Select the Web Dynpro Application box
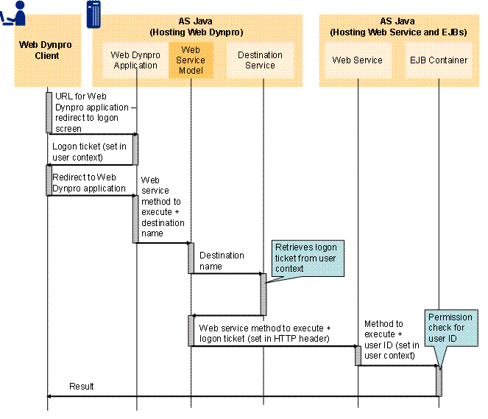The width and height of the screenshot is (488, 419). click(x=135, y=60)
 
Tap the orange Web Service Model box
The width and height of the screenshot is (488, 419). click(x=191, y=60)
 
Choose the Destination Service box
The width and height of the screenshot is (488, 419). click(x=260, y=60)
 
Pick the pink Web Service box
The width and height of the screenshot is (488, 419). click(x=358, y=60)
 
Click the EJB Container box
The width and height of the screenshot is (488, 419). click(x=439, y=60)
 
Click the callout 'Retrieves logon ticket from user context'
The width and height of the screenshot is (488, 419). click(x=304, y=258)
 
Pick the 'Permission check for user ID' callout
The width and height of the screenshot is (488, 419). click(x=450, y=327)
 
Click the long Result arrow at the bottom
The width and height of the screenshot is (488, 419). click(x=243, y=396)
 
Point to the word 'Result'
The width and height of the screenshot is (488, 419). click(x=82, y=387)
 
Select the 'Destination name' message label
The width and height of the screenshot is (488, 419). click(x=222, y=261)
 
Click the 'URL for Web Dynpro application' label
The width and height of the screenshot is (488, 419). click(x=92, y=112)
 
